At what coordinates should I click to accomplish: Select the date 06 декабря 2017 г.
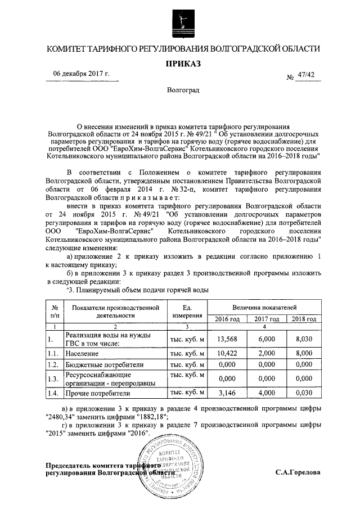point(81,74)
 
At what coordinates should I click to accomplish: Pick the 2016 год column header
point(228,319)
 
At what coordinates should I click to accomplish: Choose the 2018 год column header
point(303,319)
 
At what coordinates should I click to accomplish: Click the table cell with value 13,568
point(228,339)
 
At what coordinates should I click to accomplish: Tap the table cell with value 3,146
point(228,394)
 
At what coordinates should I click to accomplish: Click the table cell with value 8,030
point(303,339)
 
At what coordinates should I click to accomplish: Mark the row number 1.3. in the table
point(54,379)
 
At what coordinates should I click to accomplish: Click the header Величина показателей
point(265,308)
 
